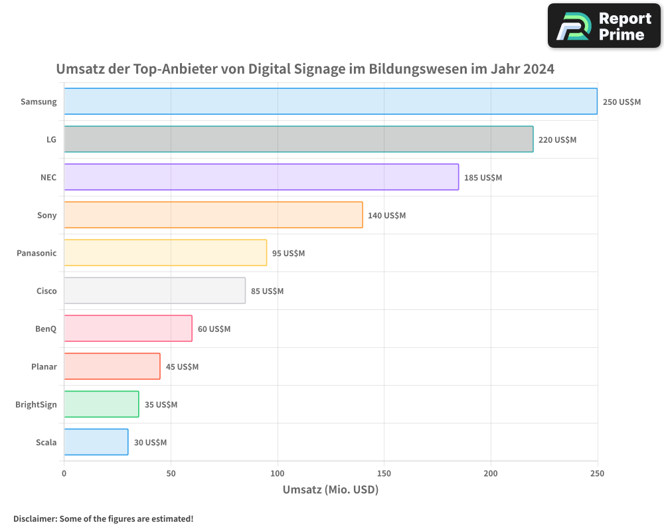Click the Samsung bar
tap(331, 102)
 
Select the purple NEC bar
tap(261, 177)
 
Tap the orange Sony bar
tap(213, 215)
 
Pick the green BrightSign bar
tap(102, 404)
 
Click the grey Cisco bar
tap(155, 291)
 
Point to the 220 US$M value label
tap(557, 140)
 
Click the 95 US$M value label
tap(288, 254)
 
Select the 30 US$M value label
tap(150, 443)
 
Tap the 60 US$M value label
tap(214, 329)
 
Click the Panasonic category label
tap(37, 253)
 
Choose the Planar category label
tap(44, 366)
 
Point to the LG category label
tap(51, 139)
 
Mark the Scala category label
tap(46, 442)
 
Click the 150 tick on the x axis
tap(384, 473)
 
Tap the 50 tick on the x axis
tap(171, 473)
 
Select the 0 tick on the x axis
tap(64, 473)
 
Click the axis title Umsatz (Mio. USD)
tap(330, 490)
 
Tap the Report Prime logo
tap(604, 26)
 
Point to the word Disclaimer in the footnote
tap(35, 519)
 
